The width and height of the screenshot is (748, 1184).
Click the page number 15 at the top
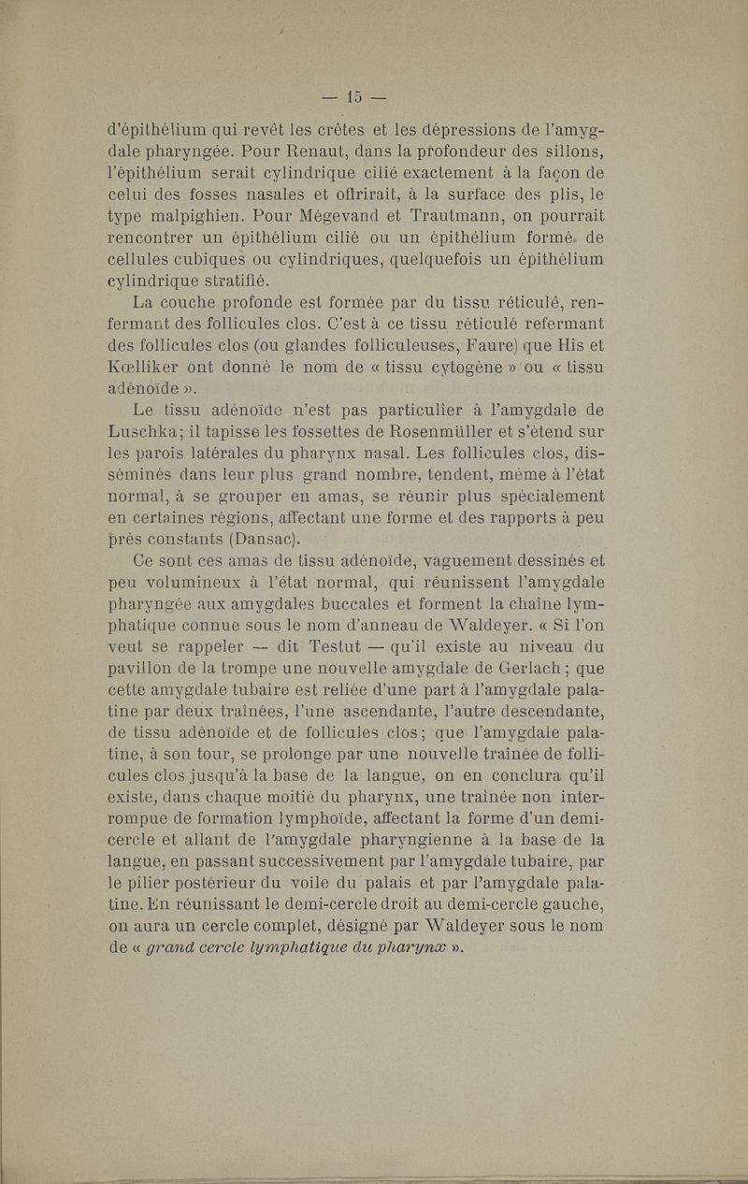pos(353,95)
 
